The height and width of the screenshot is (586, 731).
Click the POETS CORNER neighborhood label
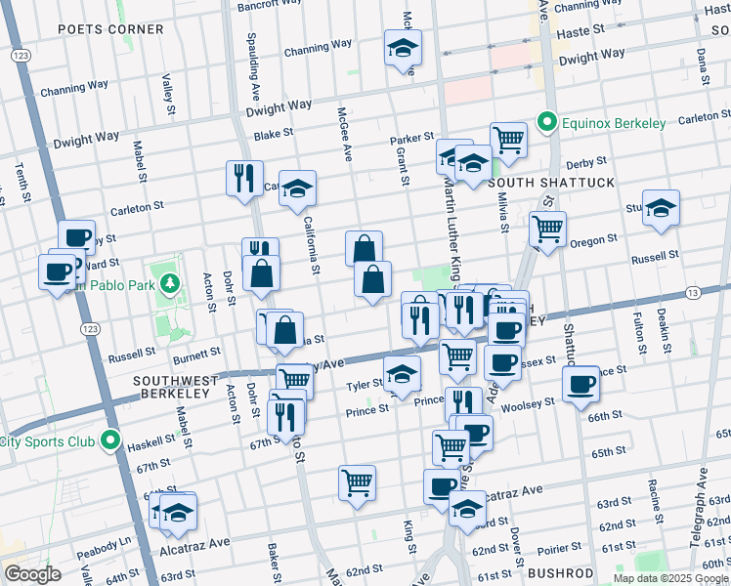(x=110, y=29)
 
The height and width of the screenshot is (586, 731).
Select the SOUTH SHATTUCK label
(x=551, y=183)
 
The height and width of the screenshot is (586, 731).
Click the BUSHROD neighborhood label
(x=560, y=572)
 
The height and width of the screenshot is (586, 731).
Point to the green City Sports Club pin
(x=110, y=441)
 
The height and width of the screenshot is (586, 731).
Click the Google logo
(x=33, y=574)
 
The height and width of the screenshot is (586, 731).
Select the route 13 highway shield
(x=692, y=293)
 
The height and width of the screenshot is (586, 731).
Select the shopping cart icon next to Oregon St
(x=547, y=230)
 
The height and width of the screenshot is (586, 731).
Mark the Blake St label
(x=273, y=136)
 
